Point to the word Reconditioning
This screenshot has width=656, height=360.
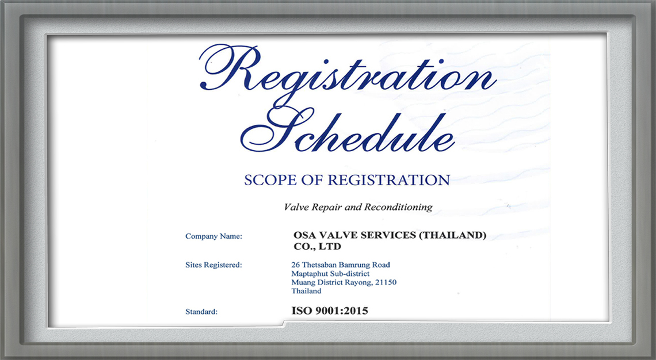click(398, 208)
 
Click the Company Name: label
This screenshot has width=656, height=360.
click(214, 236)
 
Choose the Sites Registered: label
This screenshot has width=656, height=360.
click(214, 265)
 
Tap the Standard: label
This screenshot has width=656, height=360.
click(201, 312)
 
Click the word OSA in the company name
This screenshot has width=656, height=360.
click(304, 235)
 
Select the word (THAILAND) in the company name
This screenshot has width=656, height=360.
click(452, 235)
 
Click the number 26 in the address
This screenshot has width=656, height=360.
click(295, 265)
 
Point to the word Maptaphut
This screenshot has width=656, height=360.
click(310, 274)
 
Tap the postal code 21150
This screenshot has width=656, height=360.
click(386, 282)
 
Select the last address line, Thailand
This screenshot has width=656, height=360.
click(306, 291)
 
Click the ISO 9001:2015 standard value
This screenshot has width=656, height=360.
click(330, 311)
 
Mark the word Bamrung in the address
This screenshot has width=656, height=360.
click(352, 265)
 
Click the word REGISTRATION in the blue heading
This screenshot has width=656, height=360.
click(388, 180)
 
